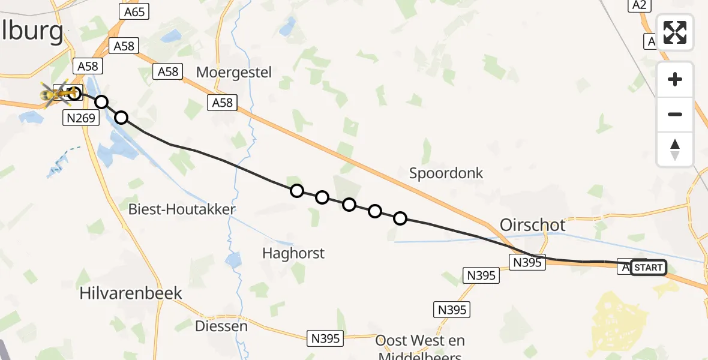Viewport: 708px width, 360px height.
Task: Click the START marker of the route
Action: pos(648,268)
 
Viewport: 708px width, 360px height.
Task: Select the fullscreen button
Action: pos(675,32)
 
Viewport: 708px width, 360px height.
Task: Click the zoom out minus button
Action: pos(675,114)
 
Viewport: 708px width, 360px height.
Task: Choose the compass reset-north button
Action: pos(675,149)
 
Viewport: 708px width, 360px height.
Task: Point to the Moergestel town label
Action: pos(234,73)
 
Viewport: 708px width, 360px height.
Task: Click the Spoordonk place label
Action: pos(446,173)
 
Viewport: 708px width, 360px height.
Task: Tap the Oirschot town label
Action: pos(532,225)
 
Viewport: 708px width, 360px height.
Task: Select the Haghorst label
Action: pos(293,253)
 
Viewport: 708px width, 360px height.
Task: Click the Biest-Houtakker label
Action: pos(182,209)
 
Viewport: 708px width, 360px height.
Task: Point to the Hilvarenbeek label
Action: pos(131,293)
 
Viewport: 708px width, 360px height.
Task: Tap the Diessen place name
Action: pos(221,326)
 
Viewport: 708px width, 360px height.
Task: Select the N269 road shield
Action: pos(80,118)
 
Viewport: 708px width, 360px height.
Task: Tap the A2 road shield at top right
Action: pos(638,5)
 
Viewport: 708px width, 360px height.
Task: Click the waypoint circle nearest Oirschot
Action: pos(400,218)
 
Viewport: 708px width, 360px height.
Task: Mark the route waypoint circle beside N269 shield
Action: pos(102,102)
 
